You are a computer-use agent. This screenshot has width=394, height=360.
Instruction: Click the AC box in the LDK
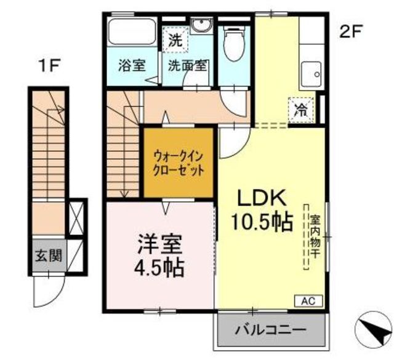click(308, 301)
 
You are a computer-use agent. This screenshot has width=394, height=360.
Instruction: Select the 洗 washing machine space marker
click(175, 40)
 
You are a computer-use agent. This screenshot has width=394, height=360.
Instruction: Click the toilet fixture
click(234, 43)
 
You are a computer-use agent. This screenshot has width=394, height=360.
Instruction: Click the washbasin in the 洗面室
click(202, 25)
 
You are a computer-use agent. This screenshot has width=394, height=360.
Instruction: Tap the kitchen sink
click(312, 74)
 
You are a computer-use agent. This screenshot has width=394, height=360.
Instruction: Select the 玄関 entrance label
click(49, 256)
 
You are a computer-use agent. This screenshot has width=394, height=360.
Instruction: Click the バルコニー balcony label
click(271, 329)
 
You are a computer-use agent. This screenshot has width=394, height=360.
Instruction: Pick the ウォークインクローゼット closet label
click(178, 164)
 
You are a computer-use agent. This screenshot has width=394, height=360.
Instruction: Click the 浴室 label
click(132, 65)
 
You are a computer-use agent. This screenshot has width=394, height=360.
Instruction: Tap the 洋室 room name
click(159, 244)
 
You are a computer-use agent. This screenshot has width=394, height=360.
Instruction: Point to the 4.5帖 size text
click(159, 267)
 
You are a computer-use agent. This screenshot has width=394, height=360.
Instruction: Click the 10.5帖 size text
click(262, 222)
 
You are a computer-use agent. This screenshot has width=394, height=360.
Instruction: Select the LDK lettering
click(262, 198)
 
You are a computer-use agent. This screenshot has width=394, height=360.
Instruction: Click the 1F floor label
click(49, 65)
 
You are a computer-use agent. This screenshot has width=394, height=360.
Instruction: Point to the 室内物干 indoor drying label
click(315, 236)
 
